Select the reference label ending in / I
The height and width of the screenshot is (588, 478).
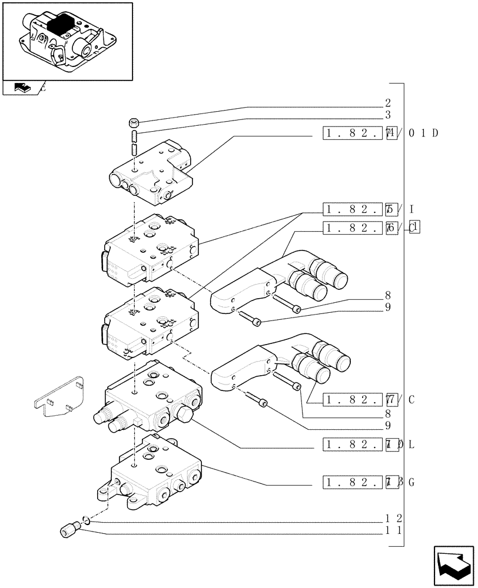[x=369, y=209]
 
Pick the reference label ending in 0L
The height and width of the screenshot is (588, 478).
[x=369, y=445]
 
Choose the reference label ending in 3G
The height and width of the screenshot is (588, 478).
[x=369, y=483]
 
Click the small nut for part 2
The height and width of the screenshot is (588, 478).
[x=134, y=123]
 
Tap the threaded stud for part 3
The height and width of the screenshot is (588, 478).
[x=134, y=143]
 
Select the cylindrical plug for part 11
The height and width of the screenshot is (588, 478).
[x=70, y=530]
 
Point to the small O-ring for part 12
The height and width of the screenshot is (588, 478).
[x=86, y=519]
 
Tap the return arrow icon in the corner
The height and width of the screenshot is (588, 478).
[x=453, y=566]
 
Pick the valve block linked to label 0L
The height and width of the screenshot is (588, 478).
[x=150, y=397]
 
